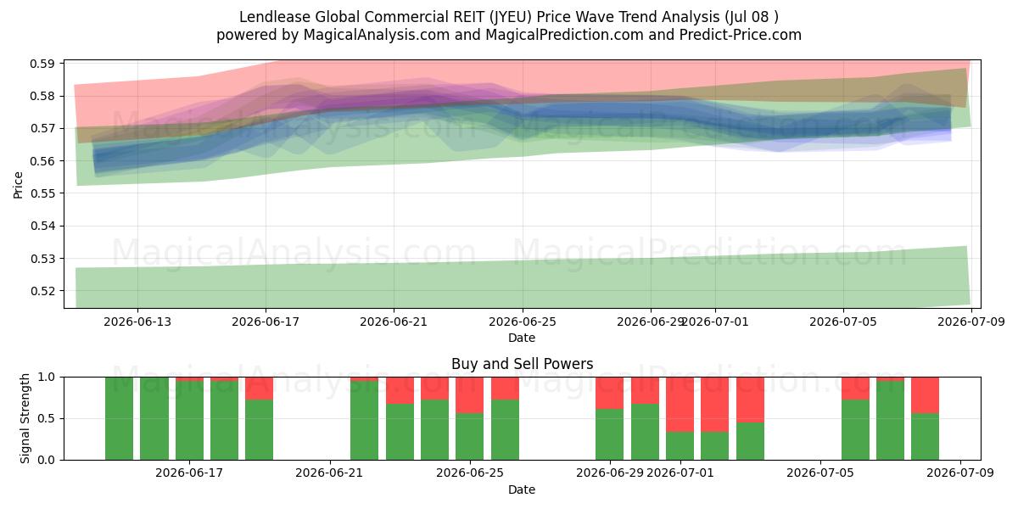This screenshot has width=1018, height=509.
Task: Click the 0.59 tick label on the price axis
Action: pos(42,64)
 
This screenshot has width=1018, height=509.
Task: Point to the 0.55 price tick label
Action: pos(42,193)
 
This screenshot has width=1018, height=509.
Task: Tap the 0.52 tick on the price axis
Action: pos(42,291)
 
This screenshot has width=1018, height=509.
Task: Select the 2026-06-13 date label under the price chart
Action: pos(137,322)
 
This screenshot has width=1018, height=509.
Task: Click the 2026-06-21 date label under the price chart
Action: pos(394,322)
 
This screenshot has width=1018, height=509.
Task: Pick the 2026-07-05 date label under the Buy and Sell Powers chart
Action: pos(820,473)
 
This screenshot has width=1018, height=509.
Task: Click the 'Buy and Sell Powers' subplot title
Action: pos(523,364)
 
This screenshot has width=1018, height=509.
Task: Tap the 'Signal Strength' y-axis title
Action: pos(25,418)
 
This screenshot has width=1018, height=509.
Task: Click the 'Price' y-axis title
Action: pos(18,185)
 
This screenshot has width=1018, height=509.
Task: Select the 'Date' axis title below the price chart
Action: pos(522,338)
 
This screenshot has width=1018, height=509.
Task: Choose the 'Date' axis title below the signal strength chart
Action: pos(522,490)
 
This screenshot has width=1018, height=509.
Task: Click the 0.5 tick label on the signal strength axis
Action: pos(46,418)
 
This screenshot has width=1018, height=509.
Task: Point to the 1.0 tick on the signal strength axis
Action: pos(46,378)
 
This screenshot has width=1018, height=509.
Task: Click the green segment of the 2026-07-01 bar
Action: pos(680,446)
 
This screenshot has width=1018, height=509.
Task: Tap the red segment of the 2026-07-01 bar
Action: pos(680,405)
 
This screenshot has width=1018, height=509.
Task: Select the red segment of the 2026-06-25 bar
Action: pos(469,395)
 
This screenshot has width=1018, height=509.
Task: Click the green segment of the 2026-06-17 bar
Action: pos(189,421)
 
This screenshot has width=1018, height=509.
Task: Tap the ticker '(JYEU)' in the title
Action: pos(511,17)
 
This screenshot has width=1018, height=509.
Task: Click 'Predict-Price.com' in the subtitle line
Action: pos(741,35)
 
